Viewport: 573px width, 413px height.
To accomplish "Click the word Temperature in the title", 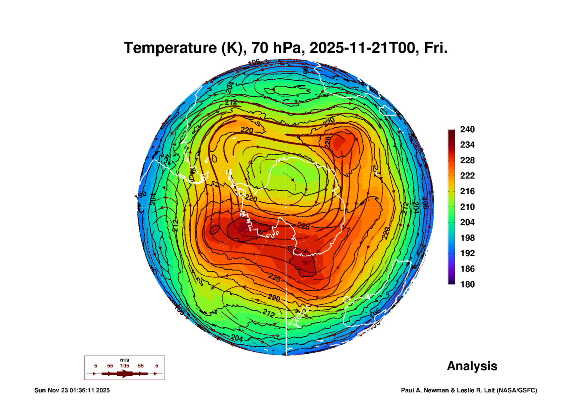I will (x=170, y=48).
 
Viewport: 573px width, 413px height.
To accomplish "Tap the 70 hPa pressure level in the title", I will (x=276, y=48).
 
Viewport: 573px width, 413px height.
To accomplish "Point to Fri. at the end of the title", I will (x=436, y=48).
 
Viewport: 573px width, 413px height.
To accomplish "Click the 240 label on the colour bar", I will (x=467, y=129).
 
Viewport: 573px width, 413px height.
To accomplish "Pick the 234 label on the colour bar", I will (x=467, y=145).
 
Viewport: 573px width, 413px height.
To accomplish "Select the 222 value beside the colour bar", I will (x=467, y=176).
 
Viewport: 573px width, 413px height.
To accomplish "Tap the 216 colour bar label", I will (x=467, y=191).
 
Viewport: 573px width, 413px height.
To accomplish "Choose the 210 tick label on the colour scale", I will (x=467, y=207).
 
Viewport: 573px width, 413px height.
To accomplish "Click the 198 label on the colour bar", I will (x=467, y=238).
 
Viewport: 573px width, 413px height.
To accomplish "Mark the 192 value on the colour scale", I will (x=467, y=253).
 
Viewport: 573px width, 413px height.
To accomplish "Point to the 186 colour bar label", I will (x=467, y=269).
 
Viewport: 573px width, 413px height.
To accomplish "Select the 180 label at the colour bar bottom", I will (x=467, y=284).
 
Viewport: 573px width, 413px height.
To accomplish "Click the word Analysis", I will (x=472, y=366).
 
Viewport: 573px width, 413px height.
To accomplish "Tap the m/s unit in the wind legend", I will (x=124, y=360).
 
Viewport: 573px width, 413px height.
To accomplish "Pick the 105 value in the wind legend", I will (x=124, y=366).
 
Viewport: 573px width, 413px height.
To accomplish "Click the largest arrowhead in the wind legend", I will (x=125, y=374).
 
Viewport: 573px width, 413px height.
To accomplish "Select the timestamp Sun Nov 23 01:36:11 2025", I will (x=72, y=390).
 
